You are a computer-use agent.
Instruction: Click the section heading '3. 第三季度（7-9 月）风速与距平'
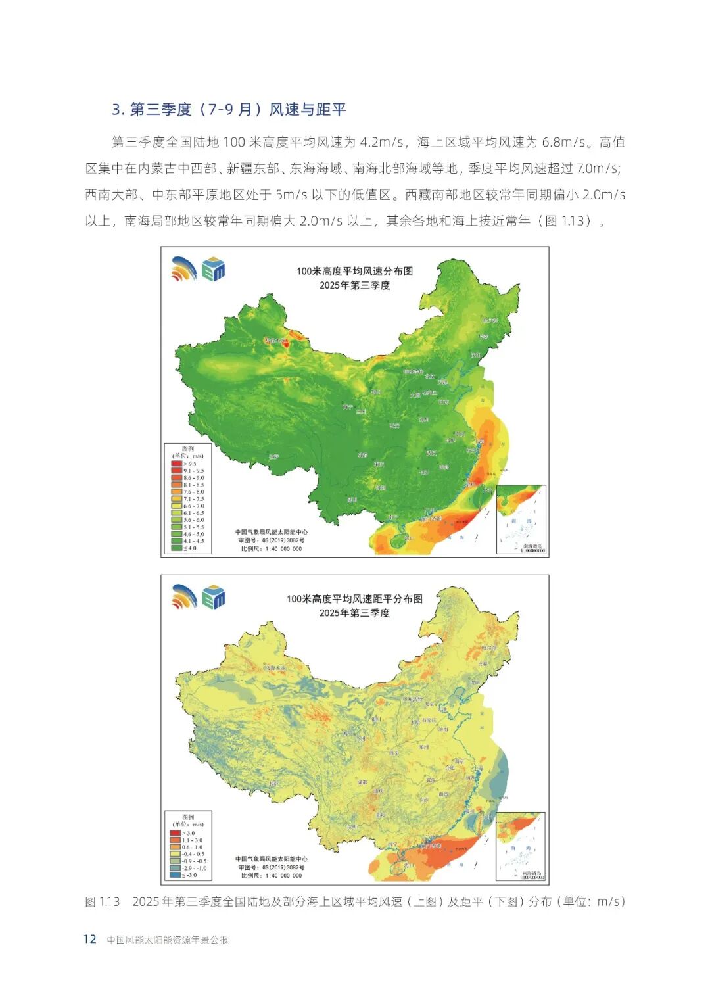tap(229, 109)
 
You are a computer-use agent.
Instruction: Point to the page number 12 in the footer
tap(90, 939)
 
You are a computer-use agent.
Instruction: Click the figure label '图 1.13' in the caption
tap(103, 901)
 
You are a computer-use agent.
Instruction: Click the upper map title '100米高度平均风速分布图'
tap(354, 271)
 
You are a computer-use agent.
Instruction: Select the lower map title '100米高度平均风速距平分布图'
tap(354, 599)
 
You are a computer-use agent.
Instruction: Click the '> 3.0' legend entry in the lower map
tap(187, 833)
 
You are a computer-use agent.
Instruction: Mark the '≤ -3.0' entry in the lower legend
tap(187, 875)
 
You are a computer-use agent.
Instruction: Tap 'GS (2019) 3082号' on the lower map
tap(281, 867)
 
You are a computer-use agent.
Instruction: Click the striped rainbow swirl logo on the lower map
tap(184, 596)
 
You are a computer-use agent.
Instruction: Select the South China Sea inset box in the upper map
tap(521, 519)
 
